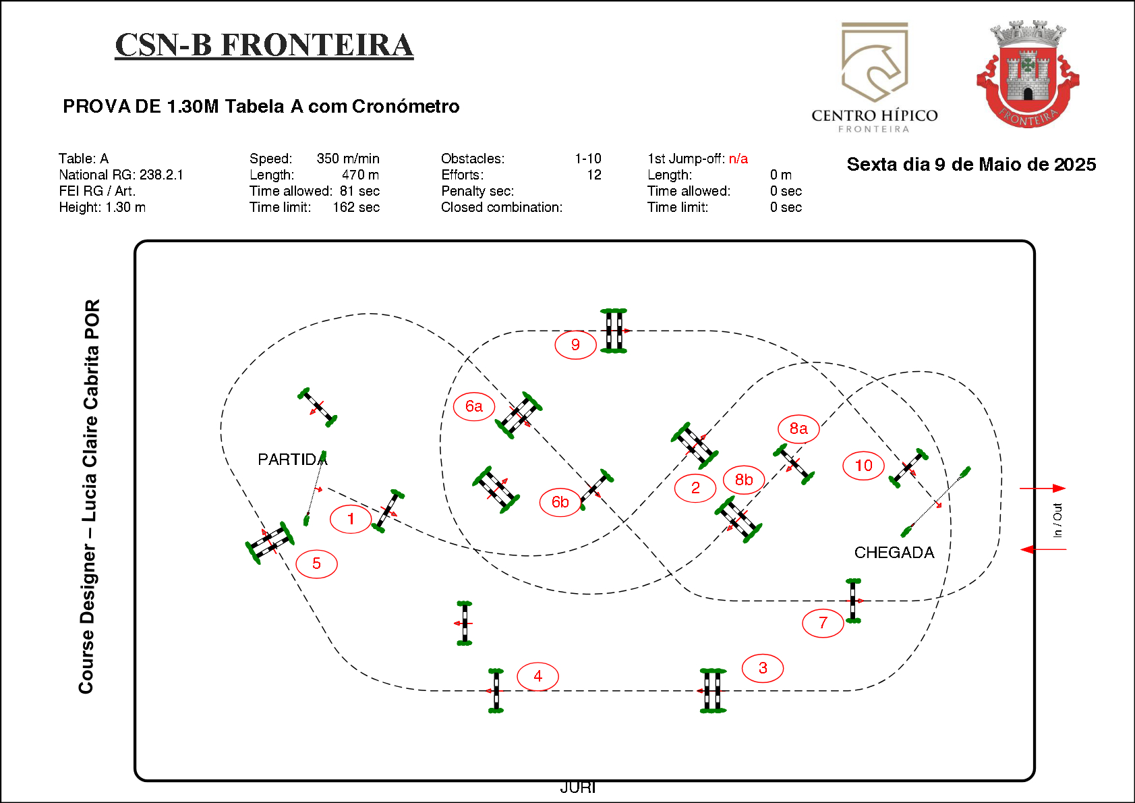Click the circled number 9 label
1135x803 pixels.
pyautogui.click(x=575, y=345)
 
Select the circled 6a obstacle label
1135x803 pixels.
pyautogui.click(x=474, y=406)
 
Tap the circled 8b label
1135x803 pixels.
pyautogui.click(x=744, y=480)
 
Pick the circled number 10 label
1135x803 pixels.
pyautogui.click(x=863, y=466)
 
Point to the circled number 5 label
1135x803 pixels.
pyautogui.click(x=316, y=563)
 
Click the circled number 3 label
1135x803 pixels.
pyautogui.click(x=763, y=668)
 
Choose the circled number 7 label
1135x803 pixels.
pyautogui.click(x=823, y=623)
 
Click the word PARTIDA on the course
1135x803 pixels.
pyautogui.click(x=292, y=460)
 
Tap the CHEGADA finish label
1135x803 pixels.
pyautogui.click(x=894, y=553)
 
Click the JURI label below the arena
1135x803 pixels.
pyautogui.click(x=578, y=787)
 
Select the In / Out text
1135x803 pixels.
pyautogui.click(x=1057, y=520)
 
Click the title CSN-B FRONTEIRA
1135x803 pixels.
pyautogui.click(x=264, y=45)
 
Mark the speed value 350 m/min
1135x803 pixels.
pyautogui.click(x=348, y=159)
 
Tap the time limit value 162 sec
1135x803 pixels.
pyautogui.click(x=356, y=207)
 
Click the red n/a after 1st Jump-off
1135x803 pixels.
pyautogui.click(x=738, y=159)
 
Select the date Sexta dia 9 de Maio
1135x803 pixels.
pyautogui.click(x=971, y=165)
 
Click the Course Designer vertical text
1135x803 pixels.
pyautogui.click(x=89, y=496)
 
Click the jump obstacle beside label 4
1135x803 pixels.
pyautogui.click(x=496, y=690)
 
